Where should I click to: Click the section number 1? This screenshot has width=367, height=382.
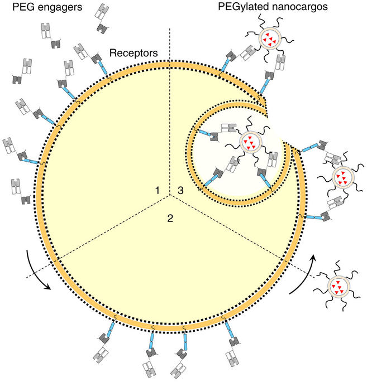pos(158,191)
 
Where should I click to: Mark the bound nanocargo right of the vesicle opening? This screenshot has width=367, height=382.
pos(342,178)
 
